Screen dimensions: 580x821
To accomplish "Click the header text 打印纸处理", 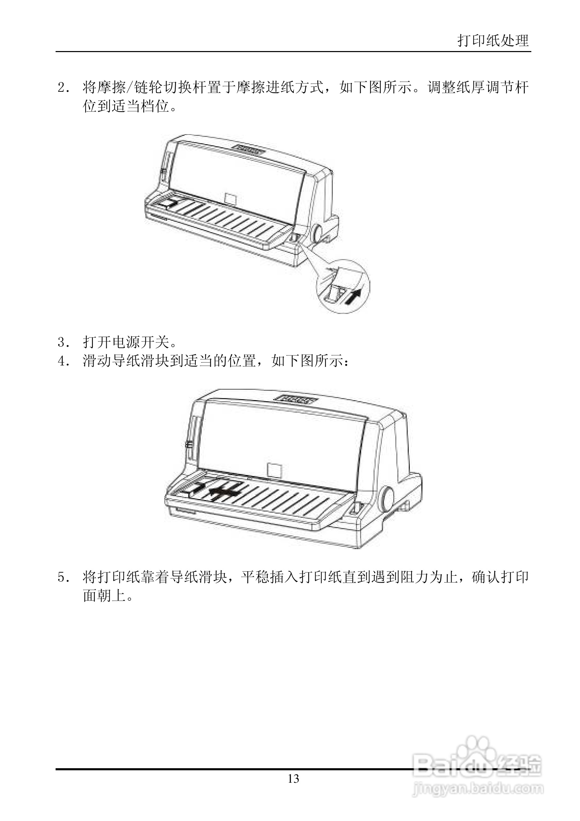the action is [x=493, y=40].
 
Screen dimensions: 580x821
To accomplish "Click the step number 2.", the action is [x=62, y=88].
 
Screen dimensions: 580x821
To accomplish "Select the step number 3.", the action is [x=62, y=343].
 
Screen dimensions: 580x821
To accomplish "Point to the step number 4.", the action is [x=62, y=361].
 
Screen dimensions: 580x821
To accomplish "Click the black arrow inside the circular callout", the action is [x=352, y=296].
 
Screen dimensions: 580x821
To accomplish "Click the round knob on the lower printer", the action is [x=387, y=498].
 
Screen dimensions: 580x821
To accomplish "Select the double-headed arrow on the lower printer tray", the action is [x=224, y=491].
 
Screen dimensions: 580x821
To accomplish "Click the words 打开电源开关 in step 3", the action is [x=126, y=343].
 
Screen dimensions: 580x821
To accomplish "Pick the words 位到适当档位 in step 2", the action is [x=126, y=106].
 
